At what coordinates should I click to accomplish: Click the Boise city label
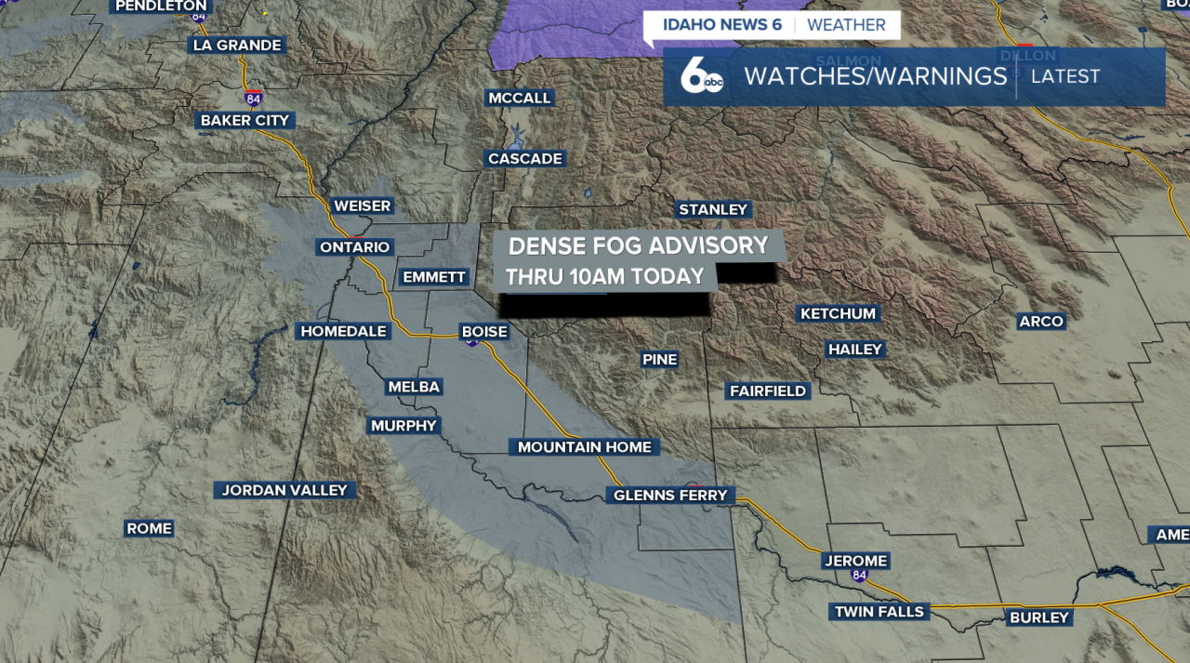(484, 331)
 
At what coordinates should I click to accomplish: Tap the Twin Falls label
(879, 611)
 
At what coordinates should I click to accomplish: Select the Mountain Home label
(584, 447)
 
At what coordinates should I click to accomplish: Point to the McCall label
(520, 98)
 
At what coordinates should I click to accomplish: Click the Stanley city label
(713, 209)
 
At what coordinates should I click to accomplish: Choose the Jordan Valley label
(284, 490)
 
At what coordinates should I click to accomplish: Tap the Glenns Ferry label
(669, 496)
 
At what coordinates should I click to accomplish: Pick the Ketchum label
(839, 313)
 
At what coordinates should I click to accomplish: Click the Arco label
(1040, 321)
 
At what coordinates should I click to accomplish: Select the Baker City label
(245, 120)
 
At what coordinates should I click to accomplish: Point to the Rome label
(150, 528)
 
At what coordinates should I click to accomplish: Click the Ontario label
(354, 246)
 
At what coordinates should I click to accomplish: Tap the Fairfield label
(767, 391)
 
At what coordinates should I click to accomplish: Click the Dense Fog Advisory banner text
(638, 245)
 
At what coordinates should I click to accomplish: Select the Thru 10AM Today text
(604, 276)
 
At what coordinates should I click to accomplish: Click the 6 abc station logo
(702, 76)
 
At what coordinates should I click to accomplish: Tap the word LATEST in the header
(1065, 76)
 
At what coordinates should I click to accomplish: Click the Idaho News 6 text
(722, 25)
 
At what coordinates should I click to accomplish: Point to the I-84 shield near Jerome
(859, 576)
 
